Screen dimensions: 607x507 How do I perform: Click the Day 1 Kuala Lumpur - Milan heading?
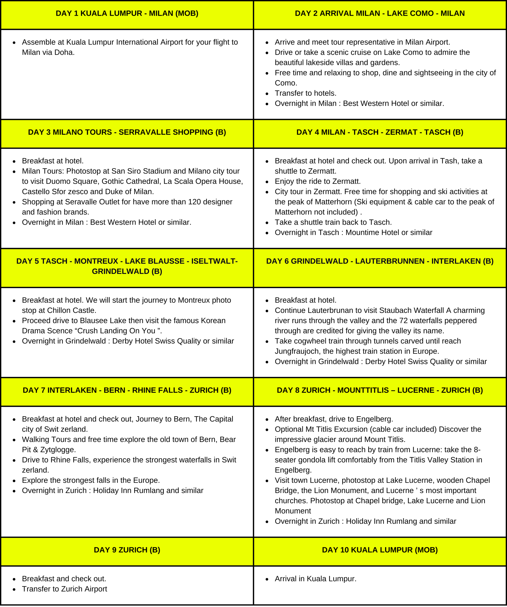pyautogui.click(x=127, y=13)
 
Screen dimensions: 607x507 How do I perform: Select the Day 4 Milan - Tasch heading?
pyautogui.click(x=380, y=132)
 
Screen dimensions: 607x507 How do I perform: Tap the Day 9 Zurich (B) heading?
pyautogui.click(x=127, y=550)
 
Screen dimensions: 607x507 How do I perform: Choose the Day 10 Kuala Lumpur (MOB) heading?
pyautogui.click(x=380, y=550)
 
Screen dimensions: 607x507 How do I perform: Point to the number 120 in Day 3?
pyautogui.click(x=180, y=202)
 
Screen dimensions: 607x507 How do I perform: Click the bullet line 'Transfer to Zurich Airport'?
pyautogui.click(x=64, y=589)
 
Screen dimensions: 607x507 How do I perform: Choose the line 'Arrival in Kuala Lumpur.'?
pyautogui.click(x=315, y=579)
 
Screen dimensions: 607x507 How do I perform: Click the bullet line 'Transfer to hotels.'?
pyautogui.click(x=306, y=93)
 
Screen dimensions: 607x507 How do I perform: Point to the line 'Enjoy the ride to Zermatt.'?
pyautogui.click(x=318, y=181)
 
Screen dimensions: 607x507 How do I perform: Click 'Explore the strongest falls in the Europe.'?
pyautogui.click(x=91, y=480)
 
